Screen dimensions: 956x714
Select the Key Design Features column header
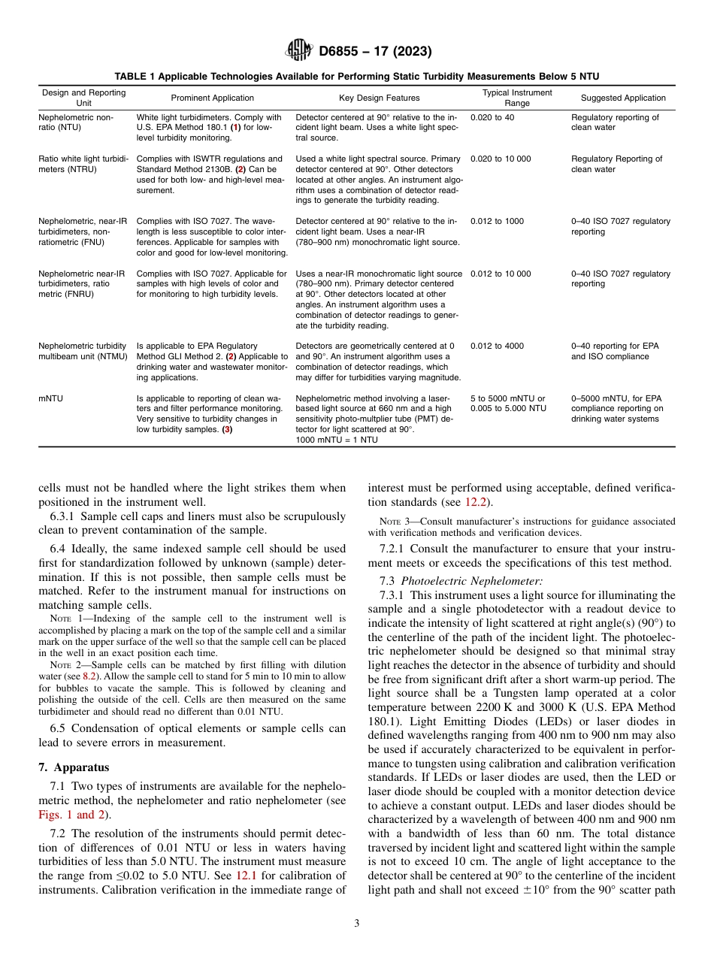pos(379,98)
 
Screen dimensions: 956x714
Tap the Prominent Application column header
pos(213,98)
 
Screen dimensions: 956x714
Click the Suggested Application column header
pos(623,98)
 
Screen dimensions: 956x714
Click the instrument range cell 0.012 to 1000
pos(497,221)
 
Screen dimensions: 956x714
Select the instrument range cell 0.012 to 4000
pos(497,346)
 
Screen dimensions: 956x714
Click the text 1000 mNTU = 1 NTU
pos(337,440)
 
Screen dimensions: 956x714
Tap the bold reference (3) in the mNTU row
pos(226,429)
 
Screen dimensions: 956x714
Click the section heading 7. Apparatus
pos(74,767)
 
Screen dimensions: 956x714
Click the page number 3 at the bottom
pos(356,923)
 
